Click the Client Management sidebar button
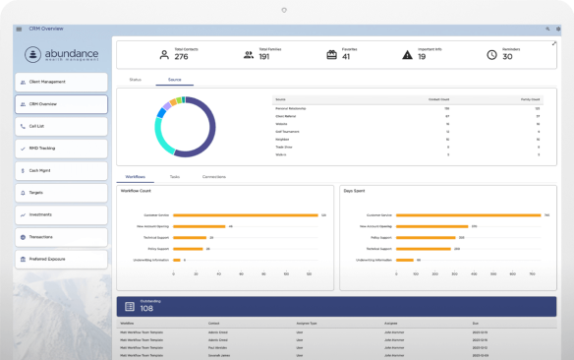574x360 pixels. click(x=61, y=82)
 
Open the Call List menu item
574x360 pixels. click(x=61, y=126)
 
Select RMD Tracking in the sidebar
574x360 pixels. click(x=61, y=149)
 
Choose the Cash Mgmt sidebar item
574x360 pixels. click(x=61, y=170)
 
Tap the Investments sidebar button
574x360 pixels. click(x=61, y=214)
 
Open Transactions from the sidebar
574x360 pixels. click(x=61, y=237)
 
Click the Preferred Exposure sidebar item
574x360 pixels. click(x=61, y=259)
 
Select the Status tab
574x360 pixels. click(x=136, y=78)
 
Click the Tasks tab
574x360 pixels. click(x=174, y=176)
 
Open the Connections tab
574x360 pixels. click(x=213, y=176)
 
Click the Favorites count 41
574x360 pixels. click(x=346, y=57)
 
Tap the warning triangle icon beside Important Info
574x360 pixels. click(x=408, y=54)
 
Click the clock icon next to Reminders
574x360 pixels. click(x=491, y=54)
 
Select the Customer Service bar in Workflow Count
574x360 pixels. click(x=245, y=214)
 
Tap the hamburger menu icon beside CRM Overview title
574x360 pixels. click(x=19, y=29)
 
